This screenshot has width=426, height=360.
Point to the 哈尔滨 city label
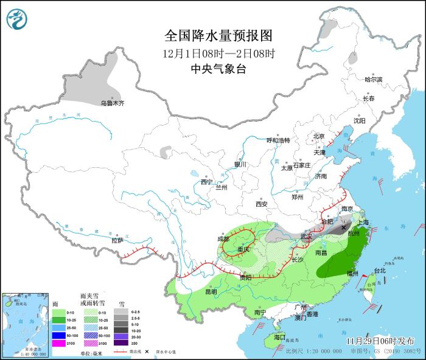point(373,80)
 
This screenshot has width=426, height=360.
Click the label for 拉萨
point(117,240)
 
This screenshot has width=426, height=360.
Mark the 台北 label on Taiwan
point(379,270)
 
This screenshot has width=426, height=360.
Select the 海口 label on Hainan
point(279,337)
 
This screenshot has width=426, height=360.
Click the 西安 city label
point(262,204)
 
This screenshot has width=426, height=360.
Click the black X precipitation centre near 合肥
point(344,227)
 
